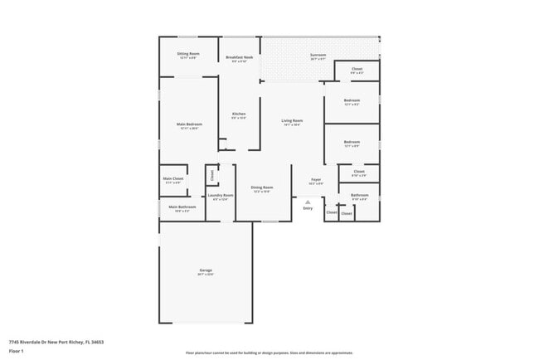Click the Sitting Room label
tap(187, 55)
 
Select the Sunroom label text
tap(318, 55)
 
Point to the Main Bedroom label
tap(188, 125)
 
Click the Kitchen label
tap(239, 114)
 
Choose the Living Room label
tap(292, 122)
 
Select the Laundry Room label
tap(221, 197)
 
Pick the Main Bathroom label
tap(182, 207)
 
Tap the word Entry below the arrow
tap(308, 208)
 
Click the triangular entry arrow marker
tap(308, 202)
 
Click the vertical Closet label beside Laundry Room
tap(211, 175)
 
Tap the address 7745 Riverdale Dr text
tap(56, 341)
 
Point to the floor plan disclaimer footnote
tap(269, 353)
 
